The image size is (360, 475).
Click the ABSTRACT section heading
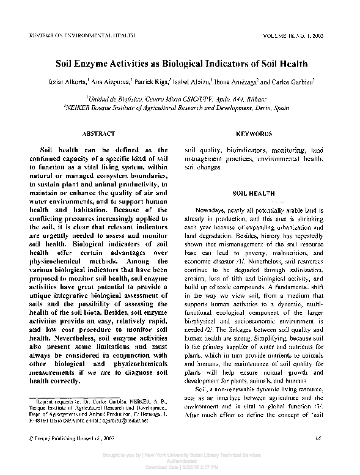pos(98,133)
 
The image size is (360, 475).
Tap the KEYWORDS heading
pos(254,133)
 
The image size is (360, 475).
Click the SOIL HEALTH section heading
pos(254,193)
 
